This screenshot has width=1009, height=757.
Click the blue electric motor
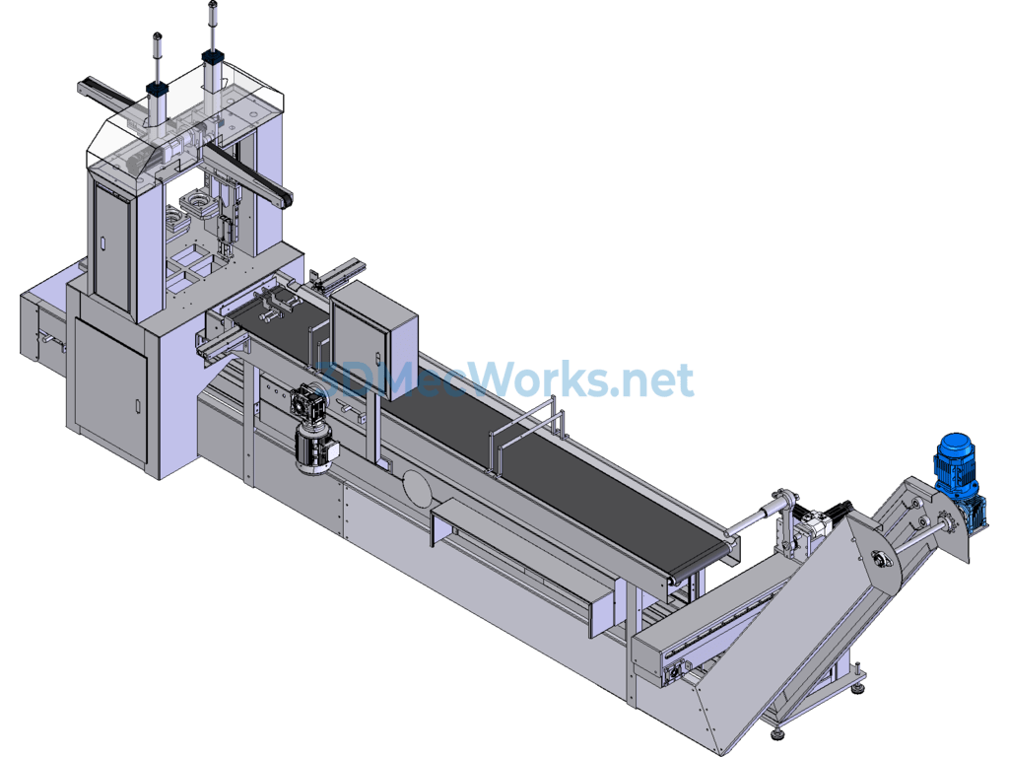[955, 463]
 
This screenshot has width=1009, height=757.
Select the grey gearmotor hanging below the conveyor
[312, 428]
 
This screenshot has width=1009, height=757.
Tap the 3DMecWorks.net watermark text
[504, 379]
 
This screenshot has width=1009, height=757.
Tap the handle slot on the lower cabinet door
[137, 406]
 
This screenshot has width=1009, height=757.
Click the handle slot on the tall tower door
[102, 244]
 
